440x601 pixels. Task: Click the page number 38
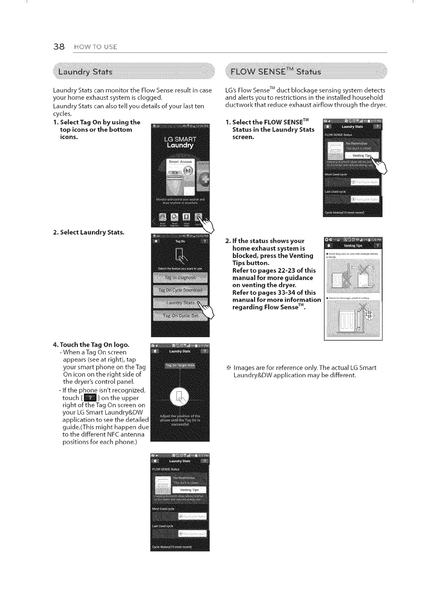(58, 46)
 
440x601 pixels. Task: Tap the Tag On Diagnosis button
(180, 277)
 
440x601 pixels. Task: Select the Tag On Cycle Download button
(180, 290)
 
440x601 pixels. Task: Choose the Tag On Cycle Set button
(180, 315)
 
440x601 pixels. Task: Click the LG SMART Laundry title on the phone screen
(180, 142)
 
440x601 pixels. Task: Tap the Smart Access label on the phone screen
(180, 162)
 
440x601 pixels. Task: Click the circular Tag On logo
(179, 395)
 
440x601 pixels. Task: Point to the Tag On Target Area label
(180, 366)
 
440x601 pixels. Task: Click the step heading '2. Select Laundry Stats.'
(89, 232)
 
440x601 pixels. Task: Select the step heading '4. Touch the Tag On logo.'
(91, 344)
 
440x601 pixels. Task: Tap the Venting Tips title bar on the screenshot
(353, 246)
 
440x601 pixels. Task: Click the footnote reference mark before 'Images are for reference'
(228, 368)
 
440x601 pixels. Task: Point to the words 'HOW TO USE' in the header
(96, 47)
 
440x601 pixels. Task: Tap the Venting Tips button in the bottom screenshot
(189, 490)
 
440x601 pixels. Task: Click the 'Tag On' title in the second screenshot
(180, 240)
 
